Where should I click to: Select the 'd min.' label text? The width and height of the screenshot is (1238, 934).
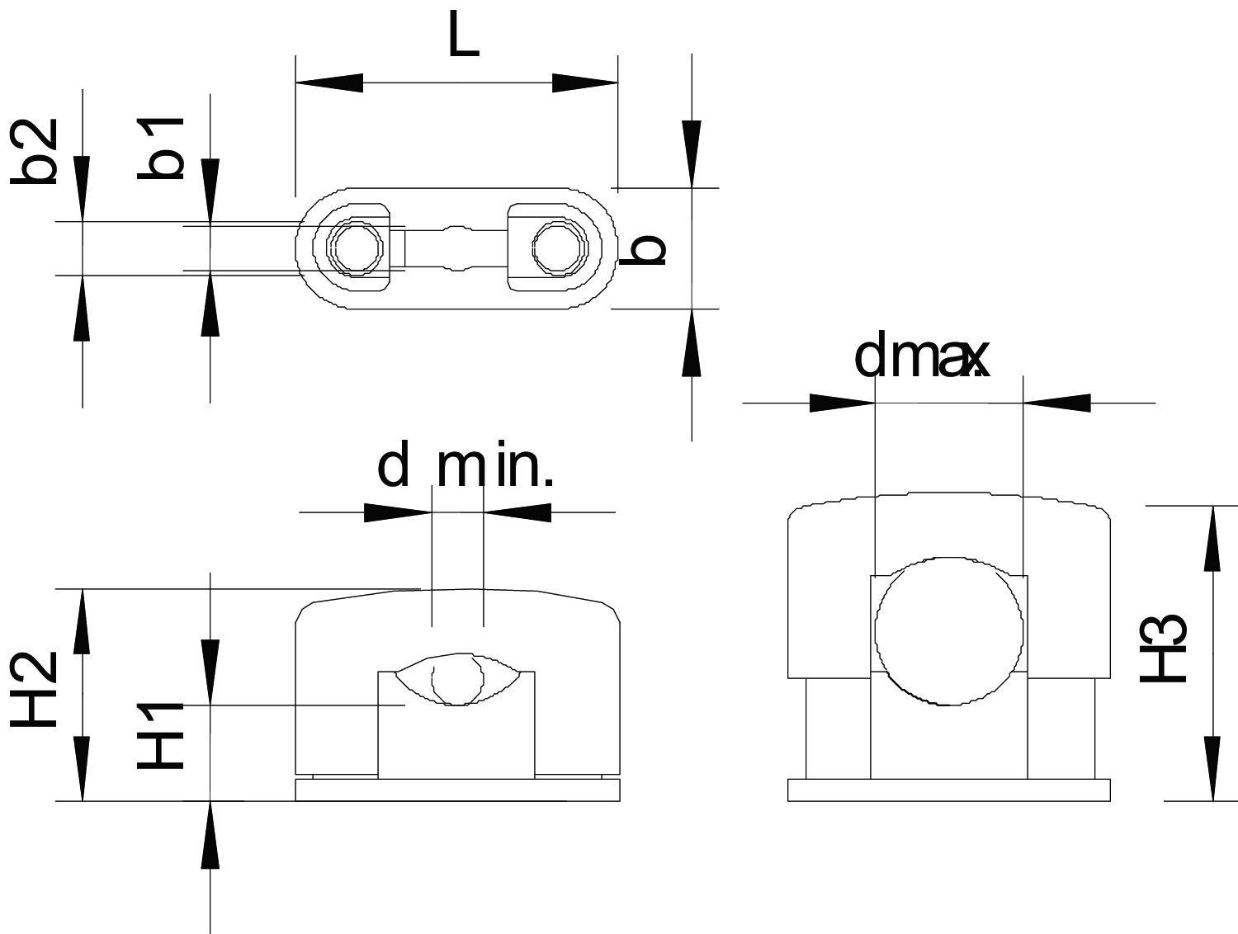(x=465, y=467)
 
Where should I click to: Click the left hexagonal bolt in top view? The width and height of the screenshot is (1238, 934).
(x=355, y=246)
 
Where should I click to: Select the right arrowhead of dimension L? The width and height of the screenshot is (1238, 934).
(x=584, y=83)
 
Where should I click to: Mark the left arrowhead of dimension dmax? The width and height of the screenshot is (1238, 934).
(x=842, y=403)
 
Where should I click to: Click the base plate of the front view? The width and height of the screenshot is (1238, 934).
(x=457, y=790)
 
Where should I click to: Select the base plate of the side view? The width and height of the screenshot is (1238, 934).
(x=948, y=790)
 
